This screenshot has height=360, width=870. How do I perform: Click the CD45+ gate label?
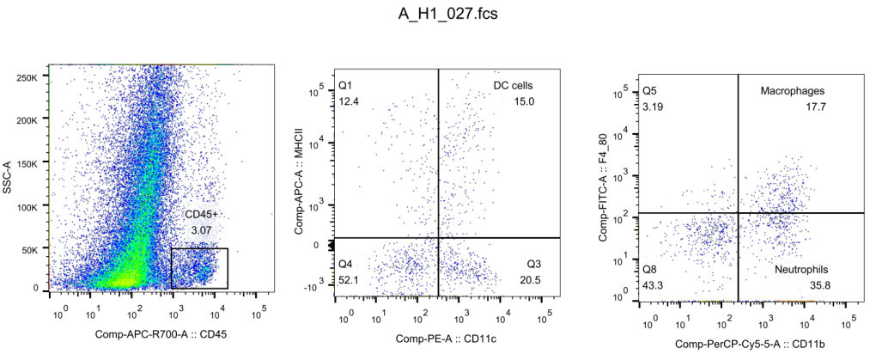pos(203,214)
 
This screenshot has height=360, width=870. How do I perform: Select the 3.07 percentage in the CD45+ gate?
pos(200,230)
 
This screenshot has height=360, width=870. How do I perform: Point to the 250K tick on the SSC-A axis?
pos(29,76)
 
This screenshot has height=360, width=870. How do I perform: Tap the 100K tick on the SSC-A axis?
pos(29,207)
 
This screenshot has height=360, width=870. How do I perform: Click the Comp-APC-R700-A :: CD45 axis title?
pos(160,334)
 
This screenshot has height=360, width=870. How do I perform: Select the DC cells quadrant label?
pos(514,86)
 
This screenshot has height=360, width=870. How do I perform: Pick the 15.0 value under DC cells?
pos(524,101)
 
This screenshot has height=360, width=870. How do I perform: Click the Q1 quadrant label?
pos(346,86)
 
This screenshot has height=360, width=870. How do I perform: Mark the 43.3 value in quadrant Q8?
pos(653,285)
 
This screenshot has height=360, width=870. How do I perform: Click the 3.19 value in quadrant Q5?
pos(653,107)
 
